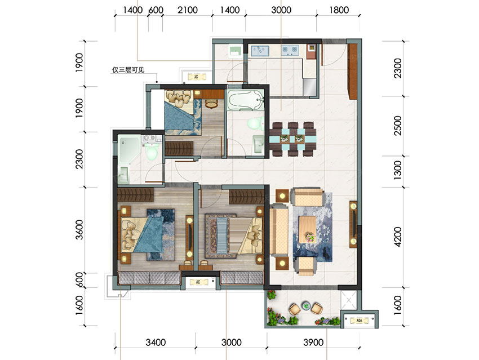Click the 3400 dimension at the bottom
click(x=156, y=343)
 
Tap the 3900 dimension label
click(x=313, y=343)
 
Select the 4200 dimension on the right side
click(x=398, y=237)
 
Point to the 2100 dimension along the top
click(x=188, y=10)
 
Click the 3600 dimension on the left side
click(x=79, y=230)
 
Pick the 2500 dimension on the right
click(x=398, y=126)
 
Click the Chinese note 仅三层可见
click(x=128, y=70)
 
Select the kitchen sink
click(x=260, y=50)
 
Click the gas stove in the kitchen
click(x=290, y=50)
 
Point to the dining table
click(x=292, y=139)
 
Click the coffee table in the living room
click(x=308, y=230)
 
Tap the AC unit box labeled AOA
click(x=360, y=321)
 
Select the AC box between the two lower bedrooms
click(x=198, y=282)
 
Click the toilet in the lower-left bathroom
click(x=152, y=151)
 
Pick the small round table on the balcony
click(x=306, y=305)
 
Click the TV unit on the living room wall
click(x=353, y=224)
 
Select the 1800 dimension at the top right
click(x=339, y=10)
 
